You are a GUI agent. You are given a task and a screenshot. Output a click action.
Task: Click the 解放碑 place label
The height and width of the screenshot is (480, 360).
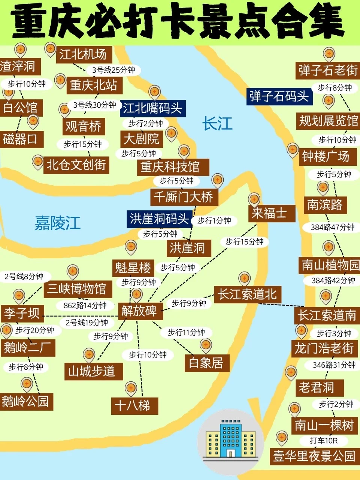(139, 311)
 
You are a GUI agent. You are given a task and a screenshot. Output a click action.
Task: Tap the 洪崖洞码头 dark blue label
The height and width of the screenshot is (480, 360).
(159, 219)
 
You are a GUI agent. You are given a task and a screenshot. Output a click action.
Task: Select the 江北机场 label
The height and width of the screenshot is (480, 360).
(83, 55)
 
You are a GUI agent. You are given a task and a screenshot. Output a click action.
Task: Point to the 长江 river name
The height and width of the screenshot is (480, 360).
(217, 123)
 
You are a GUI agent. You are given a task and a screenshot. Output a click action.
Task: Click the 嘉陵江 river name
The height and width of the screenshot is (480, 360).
(58, 223)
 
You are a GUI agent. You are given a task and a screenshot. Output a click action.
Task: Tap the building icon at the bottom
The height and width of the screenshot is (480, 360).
(230, 439)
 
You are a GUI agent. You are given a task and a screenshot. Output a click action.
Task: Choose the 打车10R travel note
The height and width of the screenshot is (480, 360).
(323, 440)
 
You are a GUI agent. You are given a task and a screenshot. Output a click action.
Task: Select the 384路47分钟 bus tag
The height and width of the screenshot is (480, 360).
(332, 227)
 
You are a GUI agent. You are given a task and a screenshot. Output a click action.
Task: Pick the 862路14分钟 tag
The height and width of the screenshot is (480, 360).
(85, 306)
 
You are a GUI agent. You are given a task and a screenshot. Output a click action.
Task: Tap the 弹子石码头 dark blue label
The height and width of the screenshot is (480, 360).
(279, 96)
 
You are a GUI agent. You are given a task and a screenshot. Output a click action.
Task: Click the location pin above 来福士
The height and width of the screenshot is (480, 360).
(254, 199)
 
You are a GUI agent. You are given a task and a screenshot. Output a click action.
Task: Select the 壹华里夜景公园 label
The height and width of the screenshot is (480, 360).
(314, 456)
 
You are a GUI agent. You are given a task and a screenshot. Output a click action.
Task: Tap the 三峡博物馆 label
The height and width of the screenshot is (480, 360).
(77, 289)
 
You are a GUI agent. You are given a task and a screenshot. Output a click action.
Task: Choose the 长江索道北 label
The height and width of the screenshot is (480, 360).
(247, 294)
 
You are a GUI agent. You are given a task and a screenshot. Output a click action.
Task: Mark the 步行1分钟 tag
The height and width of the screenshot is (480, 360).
(214, 221)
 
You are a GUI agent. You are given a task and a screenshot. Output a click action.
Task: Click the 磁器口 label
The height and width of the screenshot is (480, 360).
(20, 139)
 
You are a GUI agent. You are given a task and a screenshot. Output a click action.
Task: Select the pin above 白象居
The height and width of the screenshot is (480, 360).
(206, 345)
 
